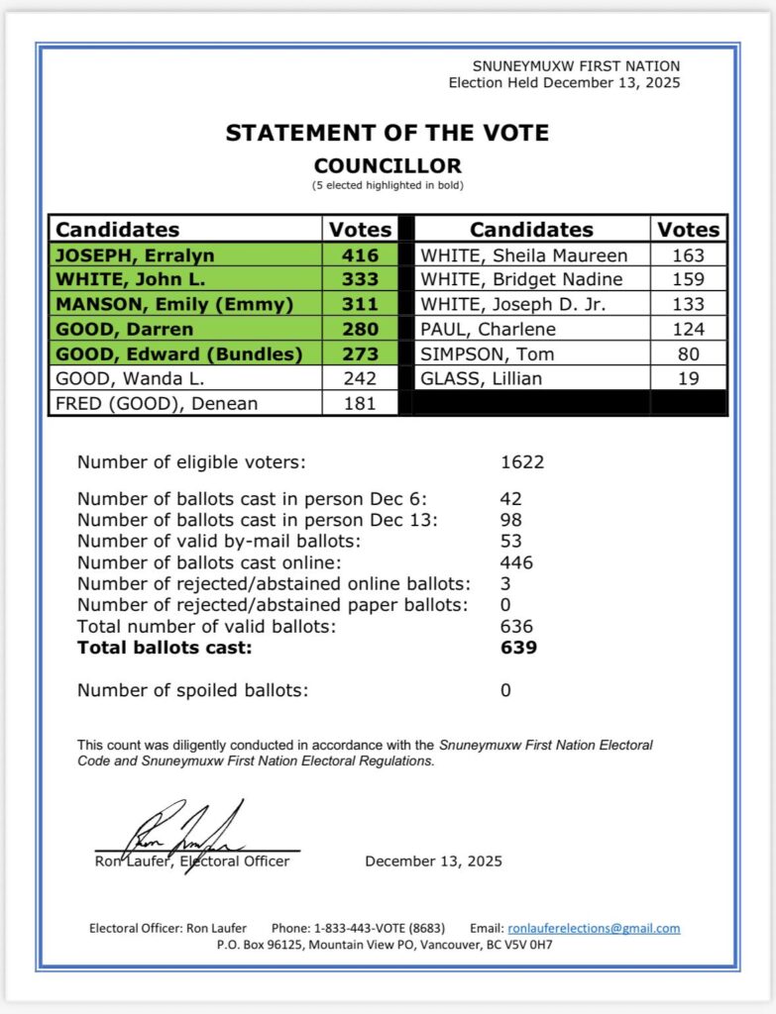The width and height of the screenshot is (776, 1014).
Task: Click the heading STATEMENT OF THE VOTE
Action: click(x=387, y=133)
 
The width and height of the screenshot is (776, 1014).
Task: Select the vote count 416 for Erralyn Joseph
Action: click(x=360, y=255)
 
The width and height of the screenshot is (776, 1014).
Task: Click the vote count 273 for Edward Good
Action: click(x=360, y=354)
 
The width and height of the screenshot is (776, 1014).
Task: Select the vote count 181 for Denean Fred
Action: click(x=360, y=403)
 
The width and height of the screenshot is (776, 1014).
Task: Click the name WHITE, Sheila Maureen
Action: click(x=524, y=255)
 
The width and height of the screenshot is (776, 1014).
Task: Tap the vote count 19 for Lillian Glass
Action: click(x=689, y=378)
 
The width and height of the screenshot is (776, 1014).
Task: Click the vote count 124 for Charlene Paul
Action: click(x=689, y=329)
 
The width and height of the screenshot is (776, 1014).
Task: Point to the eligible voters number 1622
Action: click(x=522, y=461)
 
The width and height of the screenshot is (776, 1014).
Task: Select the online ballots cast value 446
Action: click(x=516, y=562)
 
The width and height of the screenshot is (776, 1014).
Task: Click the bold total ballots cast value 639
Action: click(x=517, y=648)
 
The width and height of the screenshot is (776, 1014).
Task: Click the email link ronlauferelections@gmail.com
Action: click(x=594, y=928)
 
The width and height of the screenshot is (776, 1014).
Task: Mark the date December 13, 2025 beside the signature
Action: click(x=433, y=861)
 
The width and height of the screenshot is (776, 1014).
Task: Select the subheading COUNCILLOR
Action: click(x=388, y=166)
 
